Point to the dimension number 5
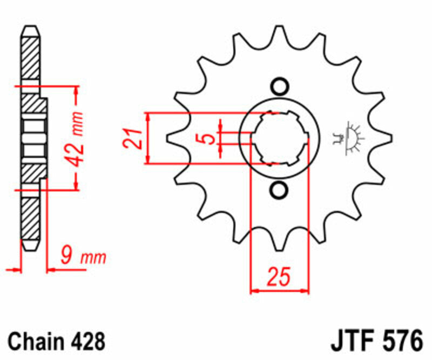[205, 138]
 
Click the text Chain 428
[56, 342]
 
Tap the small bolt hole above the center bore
[279, 86]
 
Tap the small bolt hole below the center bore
[279, 190]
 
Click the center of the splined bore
[279, 138]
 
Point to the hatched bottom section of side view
[30, 222]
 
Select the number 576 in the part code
[400, 342]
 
